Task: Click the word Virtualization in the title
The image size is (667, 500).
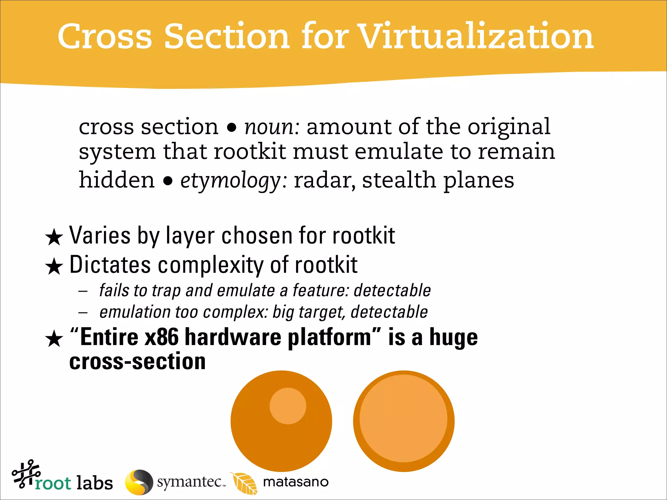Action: click(x=475, y=36)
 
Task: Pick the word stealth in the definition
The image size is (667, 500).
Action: click(x=399, y=180)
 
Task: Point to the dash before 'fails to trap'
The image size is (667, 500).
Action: click(x=83, y=291)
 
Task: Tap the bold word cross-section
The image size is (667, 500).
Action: click(x=137, y=362)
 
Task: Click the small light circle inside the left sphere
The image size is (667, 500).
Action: click(x=288, y=406)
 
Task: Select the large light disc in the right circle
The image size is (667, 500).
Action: click(x=404, y=419)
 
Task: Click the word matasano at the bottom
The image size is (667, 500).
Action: click(x=296, y=482)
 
